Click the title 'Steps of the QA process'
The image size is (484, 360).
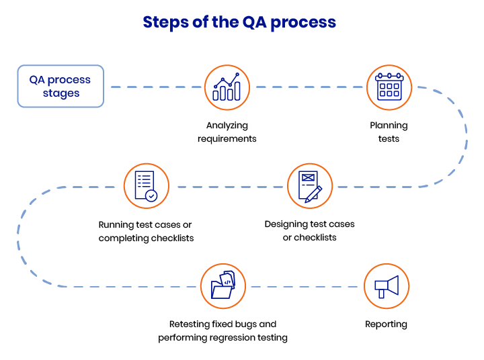point(239,22)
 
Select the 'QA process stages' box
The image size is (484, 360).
point(61,86)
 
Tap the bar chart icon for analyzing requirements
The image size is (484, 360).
point(226,87)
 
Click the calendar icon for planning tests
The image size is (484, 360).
point(389,87)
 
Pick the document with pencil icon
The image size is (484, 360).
point(310,186)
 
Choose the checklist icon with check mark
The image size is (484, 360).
point(146,186)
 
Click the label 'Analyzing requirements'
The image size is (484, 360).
point(227,132)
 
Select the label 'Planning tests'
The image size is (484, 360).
point(389,132)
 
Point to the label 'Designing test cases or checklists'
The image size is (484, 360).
point(309,230)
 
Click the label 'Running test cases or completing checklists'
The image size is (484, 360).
point(146,231)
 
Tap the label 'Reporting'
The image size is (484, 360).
point(386,324)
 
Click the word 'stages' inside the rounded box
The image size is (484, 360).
point(61,93)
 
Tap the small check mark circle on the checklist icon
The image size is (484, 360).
point(152,195)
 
